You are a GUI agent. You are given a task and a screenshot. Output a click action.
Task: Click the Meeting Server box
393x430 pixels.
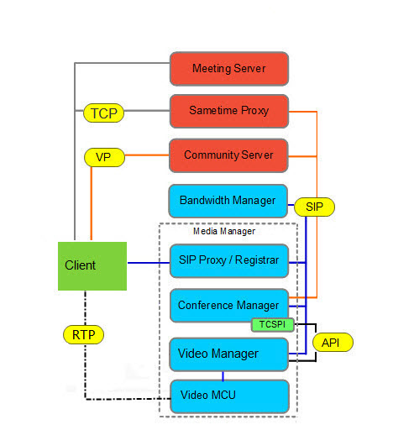(228, 68)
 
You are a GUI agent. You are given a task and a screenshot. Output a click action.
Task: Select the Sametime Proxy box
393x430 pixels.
(228, 111)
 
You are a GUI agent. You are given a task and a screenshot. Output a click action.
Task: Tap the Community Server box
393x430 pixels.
(228, 155)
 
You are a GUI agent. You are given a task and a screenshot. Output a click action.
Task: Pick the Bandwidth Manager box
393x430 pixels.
(228, 201)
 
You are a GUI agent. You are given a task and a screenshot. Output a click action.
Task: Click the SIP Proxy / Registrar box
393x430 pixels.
(228, 261)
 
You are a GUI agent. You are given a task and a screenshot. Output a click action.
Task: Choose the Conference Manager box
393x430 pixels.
(228, 304)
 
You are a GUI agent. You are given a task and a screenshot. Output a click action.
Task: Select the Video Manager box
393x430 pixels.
(228, 354)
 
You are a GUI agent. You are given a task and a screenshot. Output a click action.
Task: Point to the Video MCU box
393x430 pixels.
(228, 396)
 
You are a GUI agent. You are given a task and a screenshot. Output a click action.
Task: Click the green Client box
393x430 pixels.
(92, 265)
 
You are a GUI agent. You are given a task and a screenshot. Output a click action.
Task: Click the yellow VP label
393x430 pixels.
(103, 156)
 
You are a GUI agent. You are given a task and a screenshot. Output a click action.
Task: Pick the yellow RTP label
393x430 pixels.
(83, 333)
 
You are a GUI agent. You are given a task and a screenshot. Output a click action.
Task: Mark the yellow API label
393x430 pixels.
(333, 342)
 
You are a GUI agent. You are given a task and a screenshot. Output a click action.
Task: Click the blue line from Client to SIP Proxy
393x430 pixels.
(148, 263)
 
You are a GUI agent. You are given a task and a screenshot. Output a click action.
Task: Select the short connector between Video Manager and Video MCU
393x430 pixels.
(223, 375)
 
